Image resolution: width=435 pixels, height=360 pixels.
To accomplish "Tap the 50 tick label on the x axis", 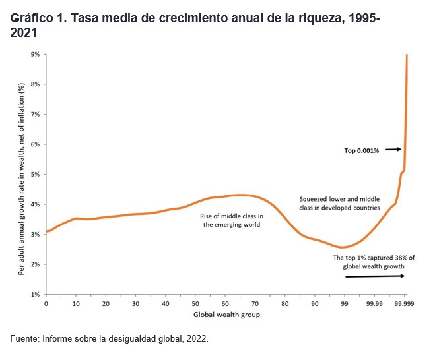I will click(195, 303).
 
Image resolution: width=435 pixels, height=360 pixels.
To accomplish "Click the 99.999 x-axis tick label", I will click(405, 303).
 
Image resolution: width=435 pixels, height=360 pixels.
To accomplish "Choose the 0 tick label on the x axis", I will click(46, 303).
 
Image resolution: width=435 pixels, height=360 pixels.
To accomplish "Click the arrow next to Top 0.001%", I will click(394, 150).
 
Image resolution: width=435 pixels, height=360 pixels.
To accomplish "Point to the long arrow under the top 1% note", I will click(375, 276).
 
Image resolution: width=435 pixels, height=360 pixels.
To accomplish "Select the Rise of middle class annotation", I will click(232, 220).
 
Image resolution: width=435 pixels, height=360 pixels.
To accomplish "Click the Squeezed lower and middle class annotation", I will click(339, 202).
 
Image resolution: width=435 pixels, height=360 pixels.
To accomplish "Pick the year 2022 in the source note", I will click(195, 338).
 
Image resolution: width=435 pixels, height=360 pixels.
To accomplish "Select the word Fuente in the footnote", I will click(24, 338).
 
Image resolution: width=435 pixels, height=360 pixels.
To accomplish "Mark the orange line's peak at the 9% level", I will click(407, 55).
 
